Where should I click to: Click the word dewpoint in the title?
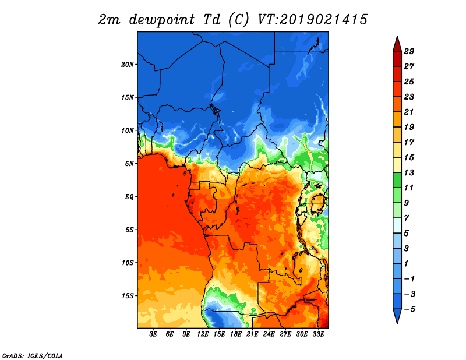click(x=161, y=20)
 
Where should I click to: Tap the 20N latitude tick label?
click(x=128, y=65)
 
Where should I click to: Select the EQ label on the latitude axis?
click(x=129, y=197)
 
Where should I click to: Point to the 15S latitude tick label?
click(x=128, y=296)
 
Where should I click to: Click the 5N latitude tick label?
click(x=129, y=164)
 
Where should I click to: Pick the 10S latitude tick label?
click(x=128, y=263)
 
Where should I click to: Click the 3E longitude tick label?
click(x=153, y=334)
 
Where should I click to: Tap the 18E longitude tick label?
click(x=236, y=334)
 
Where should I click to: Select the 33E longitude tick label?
click(x=318, y=334)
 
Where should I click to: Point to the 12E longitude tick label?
click(x=203, y=334)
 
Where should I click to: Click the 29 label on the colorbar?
click(x=409, y=51)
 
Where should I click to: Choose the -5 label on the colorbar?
click(x=409, y=309)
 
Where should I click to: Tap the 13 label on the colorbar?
click(x=409, y=172)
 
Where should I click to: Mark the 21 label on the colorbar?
click(x=409, y=112)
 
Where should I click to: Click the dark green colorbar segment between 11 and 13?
click(x=397, y=180)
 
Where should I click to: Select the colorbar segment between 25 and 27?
click(x=397, y=74)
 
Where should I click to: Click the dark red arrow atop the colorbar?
click(x=397, y=44)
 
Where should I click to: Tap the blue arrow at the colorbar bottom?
click(x=397, y=316)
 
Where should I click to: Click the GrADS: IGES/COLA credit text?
click(x=33, y=356)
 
